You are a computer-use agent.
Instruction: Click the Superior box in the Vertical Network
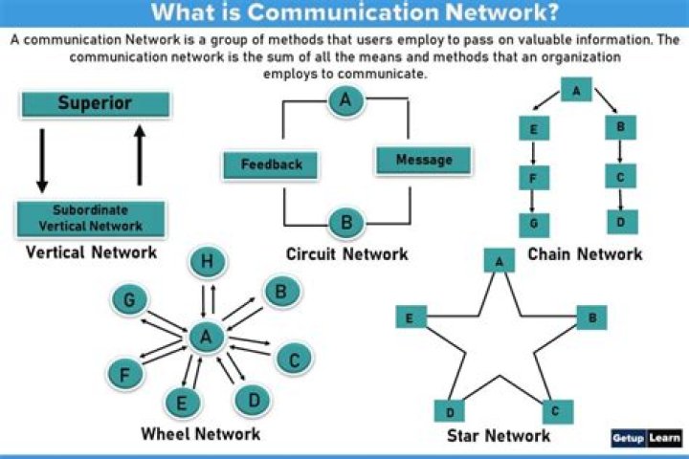(x=94, y=103)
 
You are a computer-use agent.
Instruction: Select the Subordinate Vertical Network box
(x=91, y=218)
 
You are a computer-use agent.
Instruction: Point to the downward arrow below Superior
(x=41, y=159)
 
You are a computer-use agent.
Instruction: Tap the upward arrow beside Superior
(x=141, y=158)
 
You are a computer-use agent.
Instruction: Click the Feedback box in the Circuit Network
(x=271, y=164)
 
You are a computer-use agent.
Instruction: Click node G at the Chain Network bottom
(x=533, y=224)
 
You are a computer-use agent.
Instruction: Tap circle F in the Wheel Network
(x=123, y=374)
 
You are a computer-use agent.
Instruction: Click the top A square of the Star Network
(x=498, y=260)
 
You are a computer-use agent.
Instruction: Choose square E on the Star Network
(x=411, y=317)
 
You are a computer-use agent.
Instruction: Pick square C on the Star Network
(x=556, y=411)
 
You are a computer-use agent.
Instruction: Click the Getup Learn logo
(x=647, y=439)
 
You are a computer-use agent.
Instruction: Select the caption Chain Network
(x=585, y=253)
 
